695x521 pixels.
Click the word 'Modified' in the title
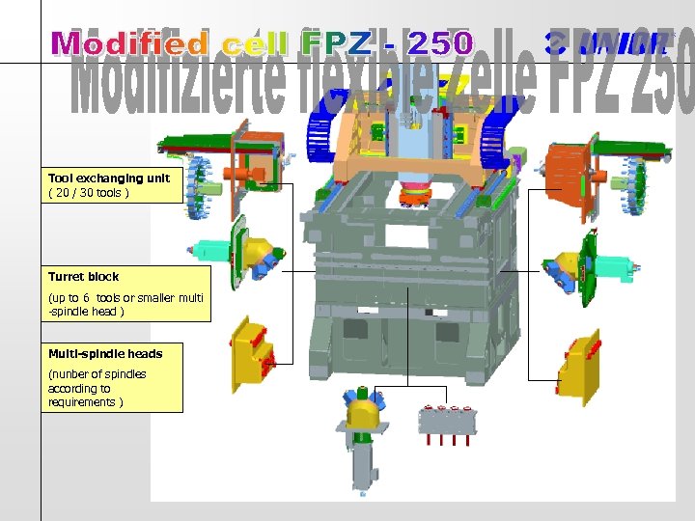(x=130, y=43)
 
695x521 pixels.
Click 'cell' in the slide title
(x=255, y=43)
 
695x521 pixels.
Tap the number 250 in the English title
(x=440, y=43)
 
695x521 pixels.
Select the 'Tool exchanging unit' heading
(x=109, y=178)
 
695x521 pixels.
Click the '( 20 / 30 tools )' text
(x=89, y=192)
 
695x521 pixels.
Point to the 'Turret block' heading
(x=84, y=276)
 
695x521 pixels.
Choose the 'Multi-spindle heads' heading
(x=105, y=353)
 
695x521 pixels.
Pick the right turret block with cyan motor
(x=579, y=265)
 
